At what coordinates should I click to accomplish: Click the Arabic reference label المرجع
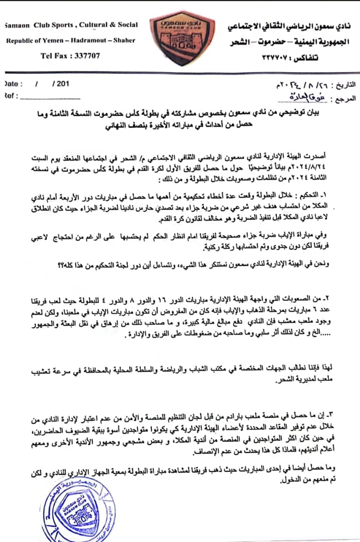343,96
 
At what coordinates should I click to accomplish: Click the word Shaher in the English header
124,40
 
